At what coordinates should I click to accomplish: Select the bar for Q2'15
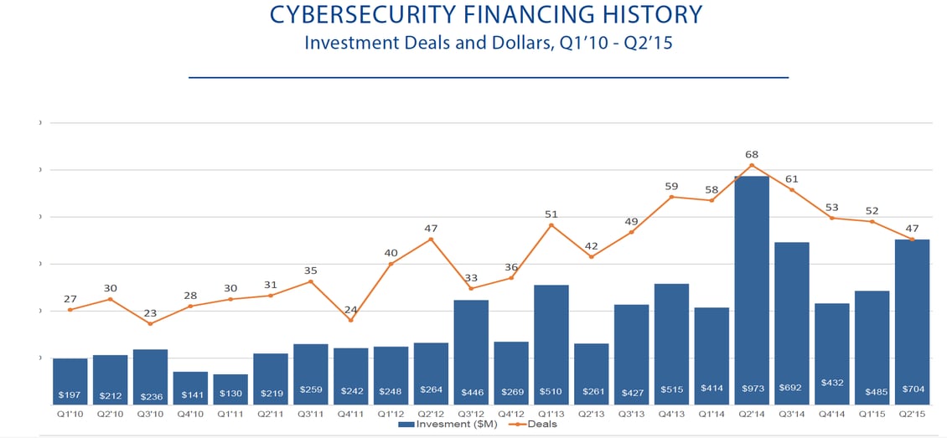[912, 318]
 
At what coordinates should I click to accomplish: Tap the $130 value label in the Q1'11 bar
[230, 394]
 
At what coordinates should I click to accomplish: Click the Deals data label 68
[752, 153]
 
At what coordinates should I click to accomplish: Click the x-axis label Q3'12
[471, 414]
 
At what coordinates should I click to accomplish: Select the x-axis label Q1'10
[70, 414]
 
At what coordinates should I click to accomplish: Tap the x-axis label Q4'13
[671, 414]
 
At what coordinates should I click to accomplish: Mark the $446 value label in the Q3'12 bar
[471, 392]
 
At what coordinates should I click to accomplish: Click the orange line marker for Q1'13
[551, 225]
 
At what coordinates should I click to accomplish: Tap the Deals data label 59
[671, 187]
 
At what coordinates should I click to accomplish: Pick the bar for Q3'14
[791, 318]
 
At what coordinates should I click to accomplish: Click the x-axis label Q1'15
[872, 414]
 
